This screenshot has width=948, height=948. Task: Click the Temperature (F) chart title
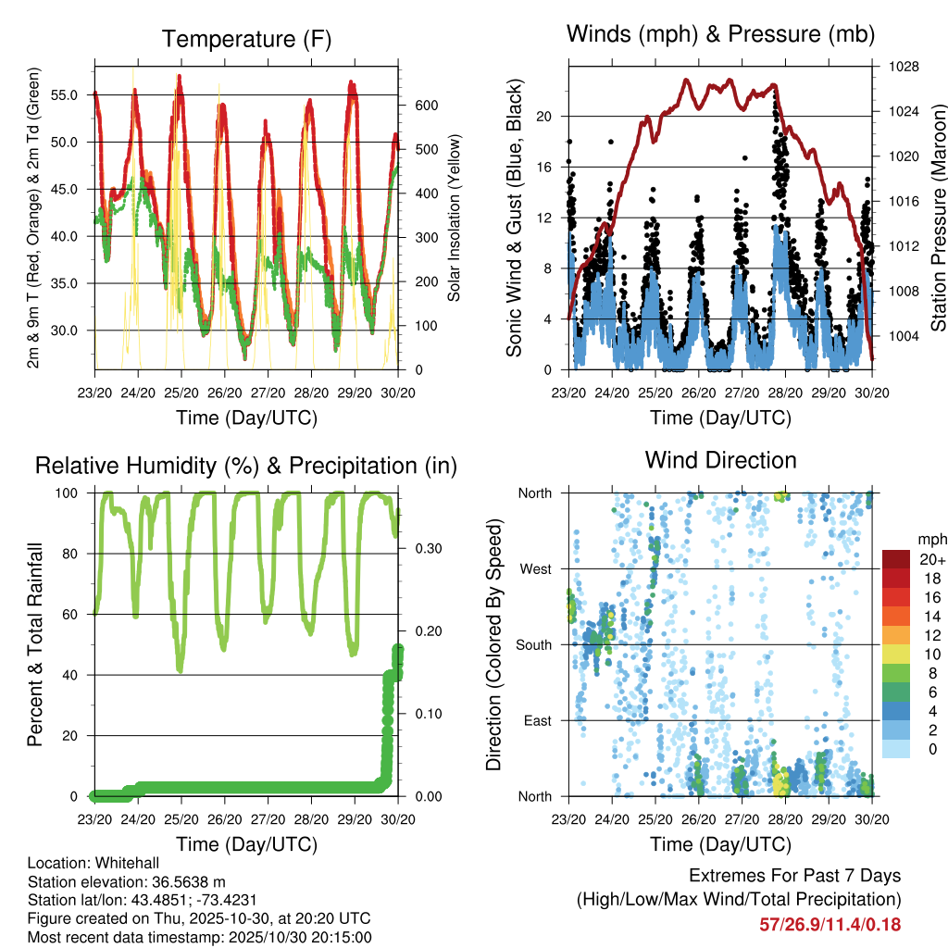click(x=246, y=39)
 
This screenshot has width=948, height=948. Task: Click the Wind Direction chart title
click(x=720, y=459)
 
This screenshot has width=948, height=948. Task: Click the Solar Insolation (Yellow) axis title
click(x=454, y=218)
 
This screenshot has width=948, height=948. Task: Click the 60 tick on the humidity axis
click(x=76, y=615)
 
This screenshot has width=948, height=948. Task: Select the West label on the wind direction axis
click(x=536, y=568)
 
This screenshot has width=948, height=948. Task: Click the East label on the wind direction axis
click(x=538, y=720)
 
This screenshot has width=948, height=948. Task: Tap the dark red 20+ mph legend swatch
click(x=896, y=558)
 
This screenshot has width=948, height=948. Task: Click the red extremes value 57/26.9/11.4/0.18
click(x=829, y=924)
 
